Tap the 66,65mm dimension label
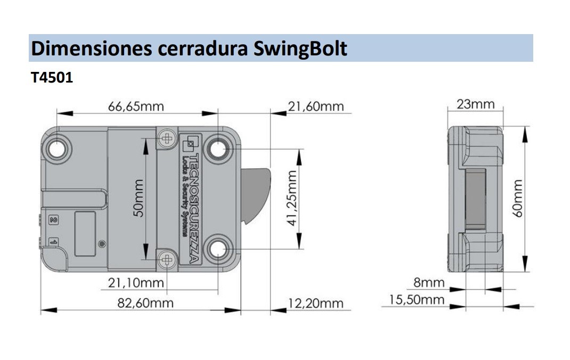[x=136, y=106]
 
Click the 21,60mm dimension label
[x=316, y=106]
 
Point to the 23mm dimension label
[x=475, y=104]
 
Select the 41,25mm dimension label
[x=290, y=199]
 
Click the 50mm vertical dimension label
[x=137, y=198]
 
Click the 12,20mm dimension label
[x=315, y=303]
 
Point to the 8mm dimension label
[x=429, y=282]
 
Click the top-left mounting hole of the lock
[x=58, y=149]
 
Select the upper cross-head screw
[x=168, y=138]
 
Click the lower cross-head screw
[x=168, y=259]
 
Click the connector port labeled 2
[x=53, y=219]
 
